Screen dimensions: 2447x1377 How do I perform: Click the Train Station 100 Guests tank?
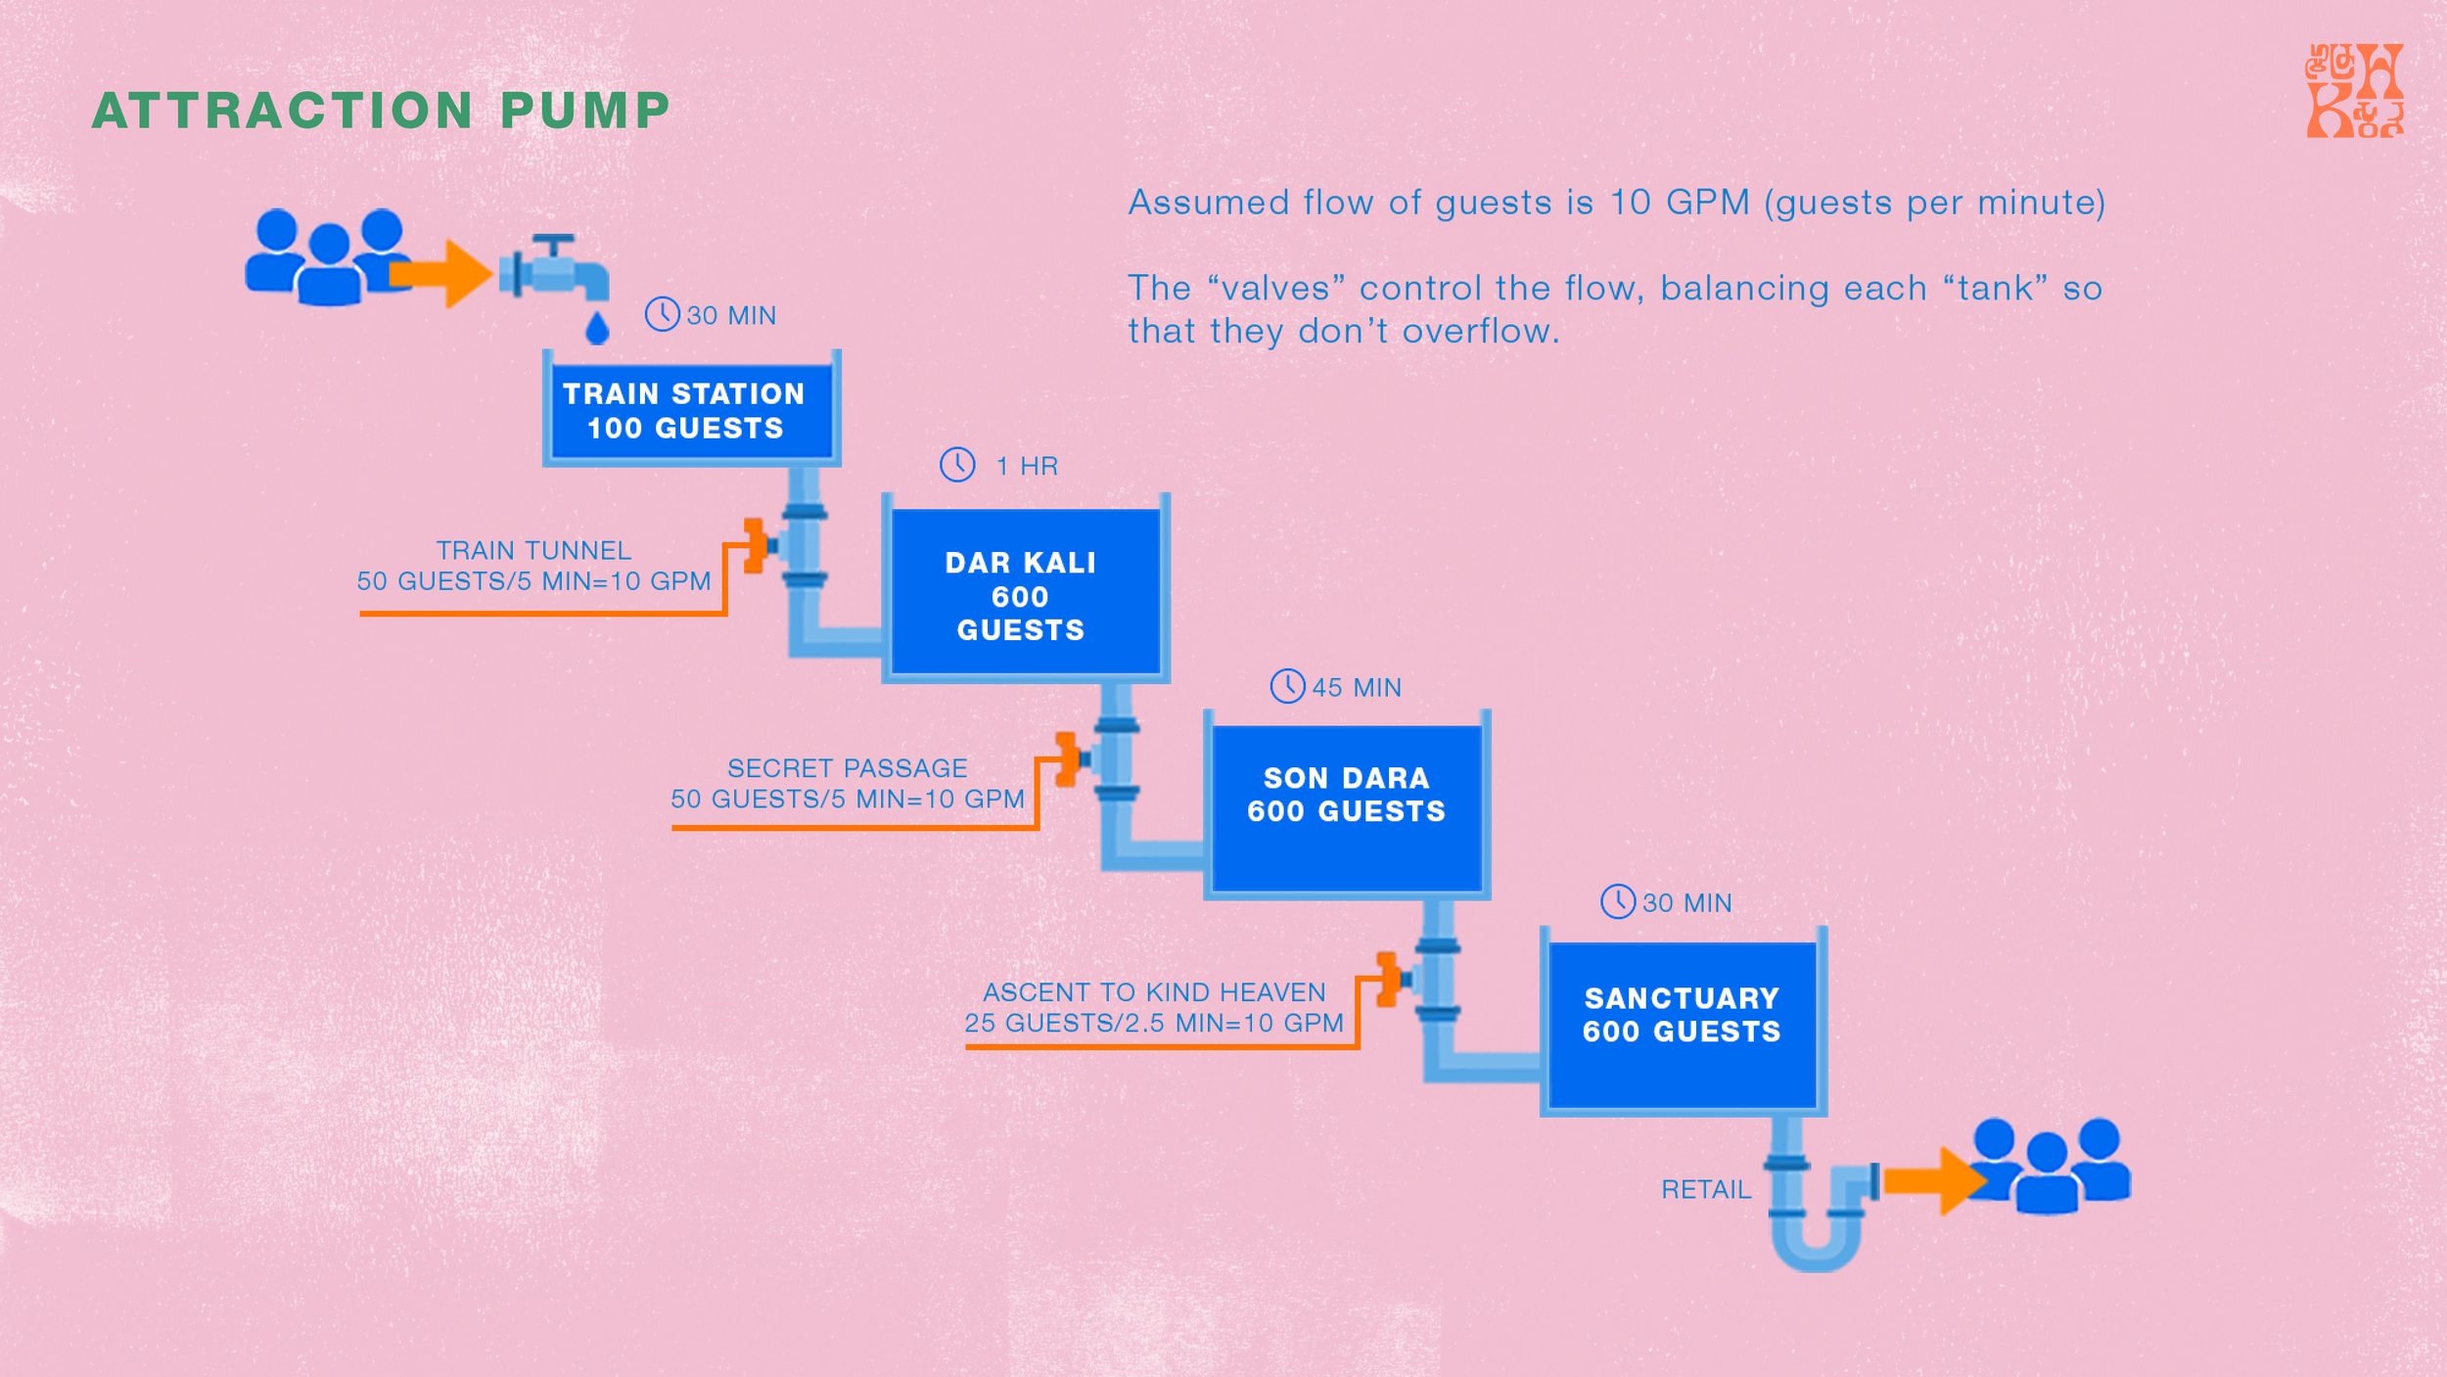coord(691,408)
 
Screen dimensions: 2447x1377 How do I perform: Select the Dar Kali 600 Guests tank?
coord(1026,589)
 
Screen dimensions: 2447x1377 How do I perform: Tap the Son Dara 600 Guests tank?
coord(1347,804)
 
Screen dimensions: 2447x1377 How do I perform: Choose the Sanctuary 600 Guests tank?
coord(1684,1022)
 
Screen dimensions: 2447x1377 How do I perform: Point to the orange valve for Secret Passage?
coord(1068,758)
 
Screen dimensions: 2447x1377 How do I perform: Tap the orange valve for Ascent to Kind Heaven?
coord(1390,979)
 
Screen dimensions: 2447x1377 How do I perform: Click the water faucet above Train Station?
coord(554,268)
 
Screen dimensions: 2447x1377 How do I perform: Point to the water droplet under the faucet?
coord(597,328)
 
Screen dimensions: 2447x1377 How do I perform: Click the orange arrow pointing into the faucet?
coord(440,274)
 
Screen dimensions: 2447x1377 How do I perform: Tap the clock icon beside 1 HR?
coord(957,465)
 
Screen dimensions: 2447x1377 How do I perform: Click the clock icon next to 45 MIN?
coord(1287,686)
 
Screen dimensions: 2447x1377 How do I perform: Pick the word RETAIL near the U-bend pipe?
coord(1706,1190)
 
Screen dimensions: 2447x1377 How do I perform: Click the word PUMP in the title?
coord(585,110)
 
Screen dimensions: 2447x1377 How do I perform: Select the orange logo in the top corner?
coord(2355,90)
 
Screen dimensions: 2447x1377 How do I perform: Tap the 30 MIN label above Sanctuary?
coord(1686,903)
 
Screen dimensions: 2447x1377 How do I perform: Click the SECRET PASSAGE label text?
coord(848,768)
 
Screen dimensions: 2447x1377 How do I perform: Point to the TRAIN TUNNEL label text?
coord(533,550)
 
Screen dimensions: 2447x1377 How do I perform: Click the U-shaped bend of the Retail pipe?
coord(1817,1248)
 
